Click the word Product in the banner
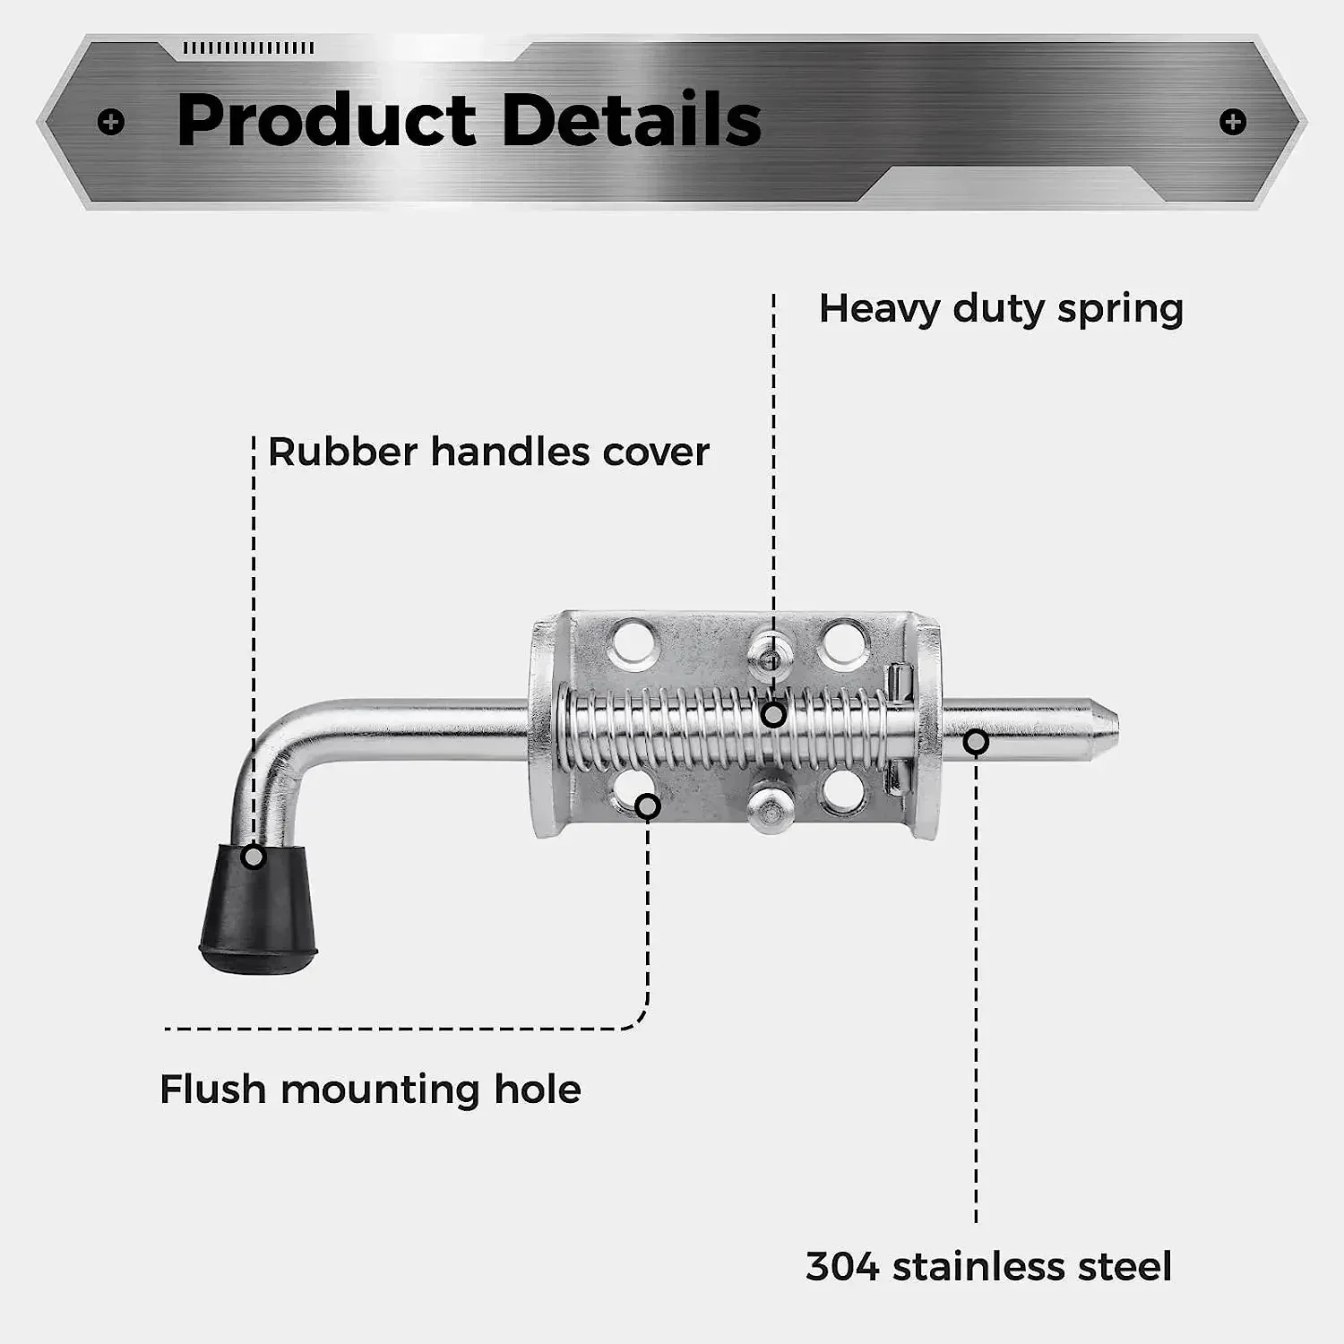tap(327, 121)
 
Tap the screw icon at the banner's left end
tap(111, 122)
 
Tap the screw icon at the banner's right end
tap(1233, 122)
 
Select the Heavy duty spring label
tap(1001, 309)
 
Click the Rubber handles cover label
tap(488, 452)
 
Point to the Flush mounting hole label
tap(370, 1090)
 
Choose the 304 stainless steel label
tap(988, 1266)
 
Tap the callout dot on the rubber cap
tap(254, 857)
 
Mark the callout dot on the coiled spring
tap(773, 714)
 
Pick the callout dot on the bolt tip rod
tap(977, 742)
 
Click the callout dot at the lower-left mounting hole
tap(648, 806)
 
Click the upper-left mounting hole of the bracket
tap(633, 643)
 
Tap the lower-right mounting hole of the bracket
tap(842, 790)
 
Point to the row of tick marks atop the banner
tap(248, 47)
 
